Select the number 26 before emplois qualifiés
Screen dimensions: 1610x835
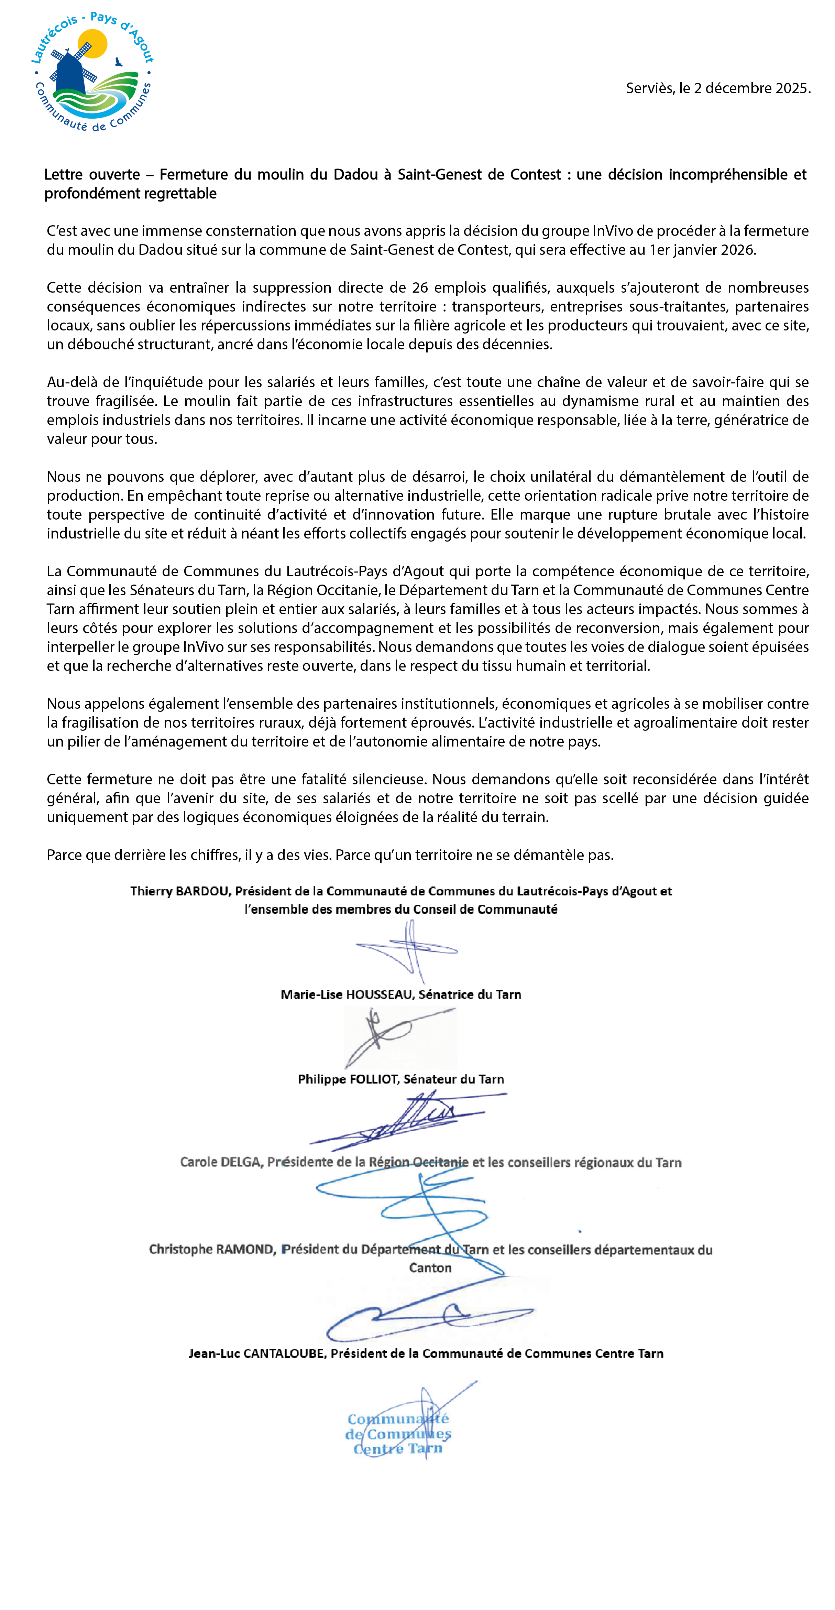click(x=419, y=287)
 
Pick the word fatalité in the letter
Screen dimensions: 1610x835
click(x=309, y=779)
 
